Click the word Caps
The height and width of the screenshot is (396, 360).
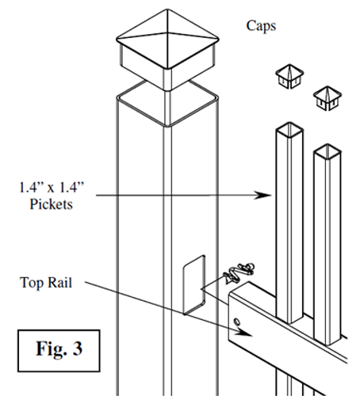click(261, 26)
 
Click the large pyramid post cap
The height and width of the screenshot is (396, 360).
click(167, 50)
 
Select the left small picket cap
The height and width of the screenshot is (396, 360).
click(289, 76)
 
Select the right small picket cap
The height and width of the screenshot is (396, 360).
click(327, 98)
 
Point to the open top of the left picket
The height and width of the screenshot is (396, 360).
click(289, 130)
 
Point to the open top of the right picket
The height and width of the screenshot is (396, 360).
click(327, 152)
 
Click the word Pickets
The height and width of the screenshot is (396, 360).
click(51, 204)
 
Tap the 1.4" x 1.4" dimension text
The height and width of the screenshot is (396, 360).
click(52, 187)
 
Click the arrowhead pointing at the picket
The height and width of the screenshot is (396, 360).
click(263, 195)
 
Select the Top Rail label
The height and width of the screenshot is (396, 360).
click(46, 283)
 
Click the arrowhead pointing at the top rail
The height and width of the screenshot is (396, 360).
click(244, 333)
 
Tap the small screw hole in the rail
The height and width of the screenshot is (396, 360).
click(237, 322)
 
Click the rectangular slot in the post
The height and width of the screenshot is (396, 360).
click(194, 285)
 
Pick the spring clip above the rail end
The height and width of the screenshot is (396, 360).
click(239, 272)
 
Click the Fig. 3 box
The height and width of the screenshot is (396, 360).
click(59, 351)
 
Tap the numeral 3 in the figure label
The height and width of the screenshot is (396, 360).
click(77, 348)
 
